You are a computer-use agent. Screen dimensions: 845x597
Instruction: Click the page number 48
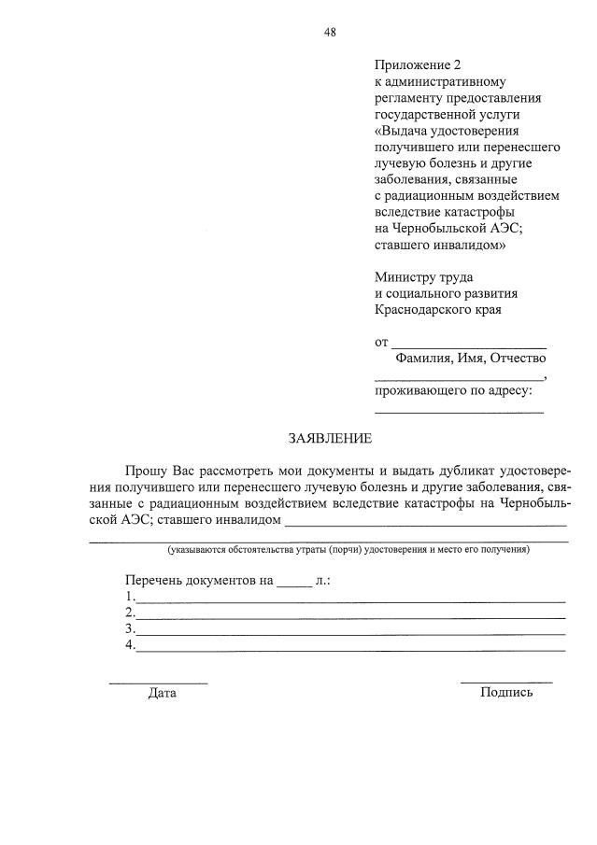click(x=330, y=32)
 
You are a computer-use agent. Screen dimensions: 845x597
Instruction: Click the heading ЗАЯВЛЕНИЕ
click(x=329, y=438)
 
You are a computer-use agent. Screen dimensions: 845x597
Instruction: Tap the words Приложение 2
click(x=418, y=64)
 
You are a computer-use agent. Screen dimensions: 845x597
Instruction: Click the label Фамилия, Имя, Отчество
click(x=470, y=358)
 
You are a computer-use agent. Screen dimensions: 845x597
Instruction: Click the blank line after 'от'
click(x=468, y=345)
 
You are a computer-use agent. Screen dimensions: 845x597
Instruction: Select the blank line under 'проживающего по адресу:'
click(x=459, y=412)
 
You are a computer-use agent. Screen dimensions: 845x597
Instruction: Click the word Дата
click(x=162, y=693)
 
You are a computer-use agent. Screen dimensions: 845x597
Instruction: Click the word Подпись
click(x=506, y=692)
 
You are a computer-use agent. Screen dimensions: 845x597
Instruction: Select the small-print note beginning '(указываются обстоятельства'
click(x=348, y=549)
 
